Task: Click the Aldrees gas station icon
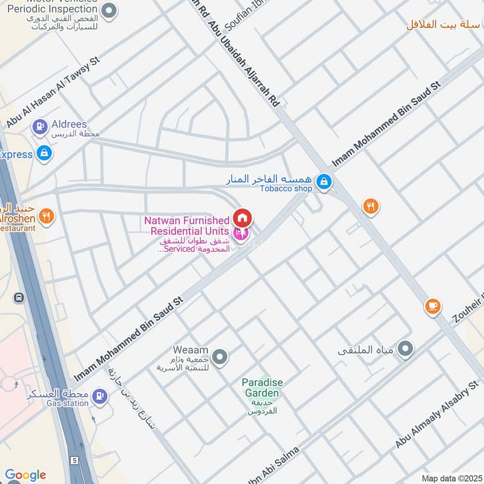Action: click(x=39, y=126)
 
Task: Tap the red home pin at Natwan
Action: click(x=243, y=218)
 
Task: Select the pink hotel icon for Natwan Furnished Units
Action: click(x=240, y=233)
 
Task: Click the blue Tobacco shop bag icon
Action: click(x=324, y=181)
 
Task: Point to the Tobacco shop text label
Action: click(x=286, y=189)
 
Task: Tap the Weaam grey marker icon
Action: click(x=220, y=357)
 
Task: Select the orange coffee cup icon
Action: click(x=432, y=306)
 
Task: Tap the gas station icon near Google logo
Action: click(x=100, y=397)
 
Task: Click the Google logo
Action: click(x=25, y=475)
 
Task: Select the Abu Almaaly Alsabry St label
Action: click(x=436, y=415)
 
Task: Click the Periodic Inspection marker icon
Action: click(x=109, y=10)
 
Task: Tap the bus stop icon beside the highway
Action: click(x=19, y=298)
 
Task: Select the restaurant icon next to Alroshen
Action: click(x=46, y=215)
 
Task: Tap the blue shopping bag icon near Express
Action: click(x=44, y=154)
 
